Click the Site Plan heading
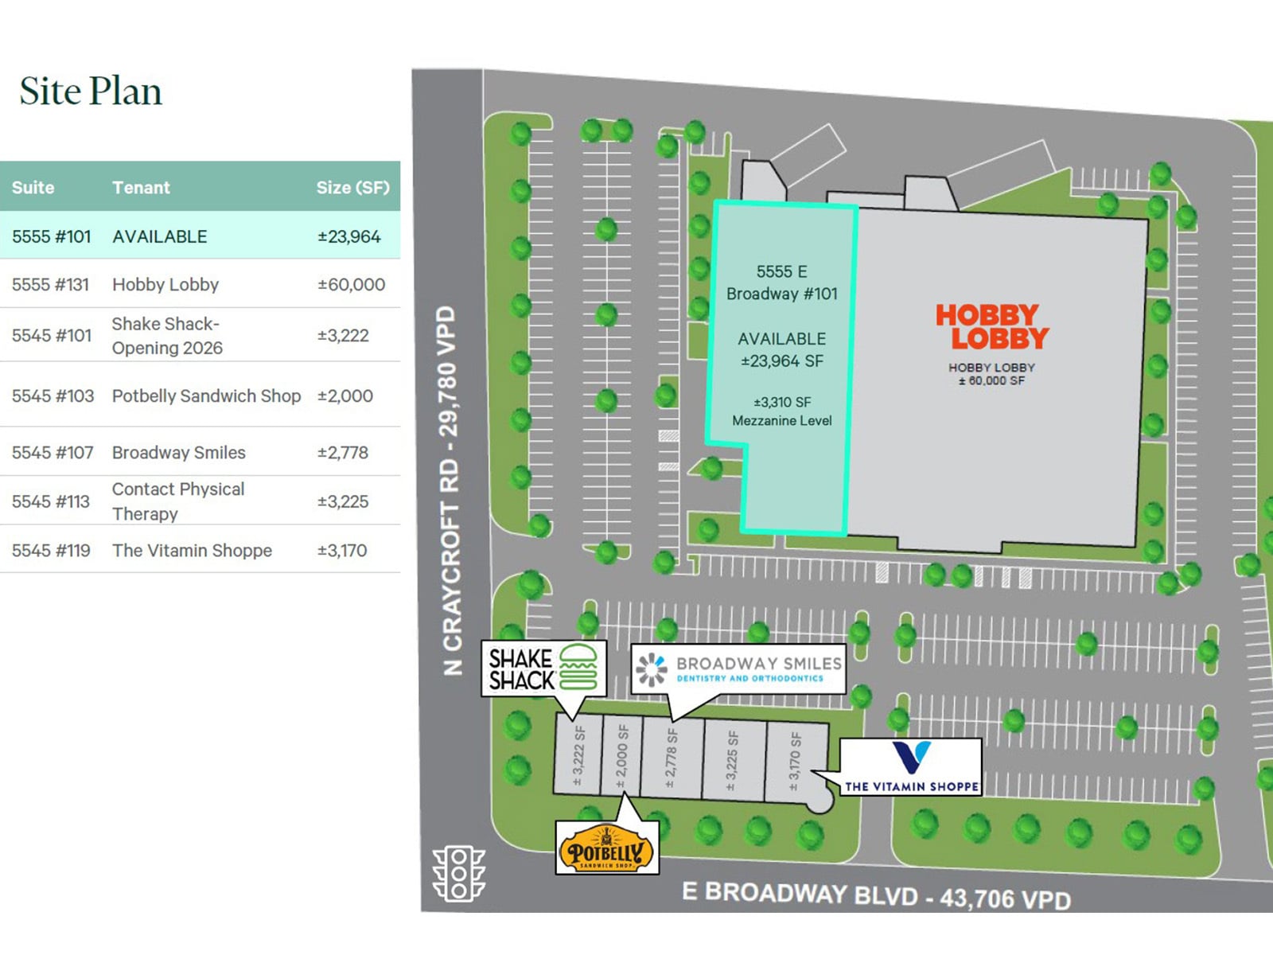(91, 91)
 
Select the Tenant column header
(141, 188)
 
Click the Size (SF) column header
(352, 188)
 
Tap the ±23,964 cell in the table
(348, 236)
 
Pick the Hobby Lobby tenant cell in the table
(165, 285)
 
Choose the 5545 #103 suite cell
(53, 396)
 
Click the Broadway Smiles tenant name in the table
(178, 453)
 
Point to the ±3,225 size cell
(343, 501)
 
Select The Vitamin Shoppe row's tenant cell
(192, 551)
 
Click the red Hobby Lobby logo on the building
(991, 326)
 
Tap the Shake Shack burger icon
(578, 667)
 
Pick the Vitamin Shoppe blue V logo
(912, 756)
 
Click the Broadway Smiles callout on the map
(738, 668)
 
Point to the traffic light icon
(458, 873)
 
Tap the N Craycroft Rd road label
(450, 490)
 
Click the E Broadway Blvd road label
(875, 895)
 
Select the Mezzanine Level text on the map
(781, 420)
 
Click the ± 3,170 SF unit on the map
(794, 762)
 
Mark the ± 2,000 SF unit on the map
(622, 756)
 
